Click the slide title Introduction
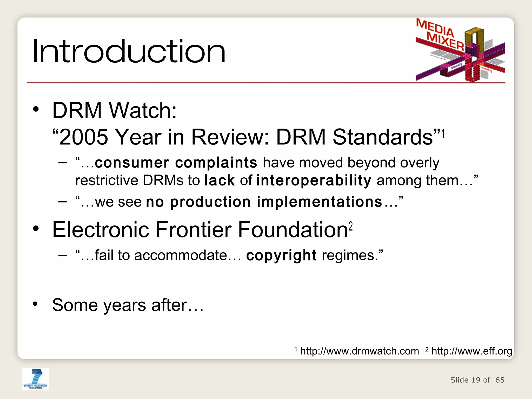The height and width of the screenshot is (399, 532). [129, 51]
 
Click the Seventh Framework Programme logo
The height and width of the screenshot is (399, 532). [35, 379]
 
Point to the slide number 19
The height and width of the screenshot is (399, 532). [476, 380]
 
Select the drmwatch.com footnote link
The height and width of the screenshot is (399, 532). [359, 351]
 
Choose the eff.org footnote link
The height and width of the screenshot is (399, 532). [471, 351]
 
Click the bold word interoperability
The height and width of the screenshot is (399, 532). [314, 181]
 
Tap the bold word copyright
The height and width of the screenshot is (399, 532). [281, 255]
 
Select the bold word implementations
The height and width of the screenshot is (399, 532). [320, 202]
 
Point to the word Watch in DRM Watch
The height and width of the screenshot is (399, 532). [143, 110]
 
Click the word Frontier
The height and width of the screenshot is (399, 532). [194, 230]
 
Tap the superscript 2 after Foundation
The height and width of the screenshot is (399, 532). [351, 226]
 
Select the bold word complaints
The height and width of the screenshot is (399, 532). [216, 163]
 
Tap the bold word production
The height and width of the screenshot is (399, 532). [210, 202]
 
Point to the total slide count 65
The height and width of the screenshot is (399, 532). [500, 380]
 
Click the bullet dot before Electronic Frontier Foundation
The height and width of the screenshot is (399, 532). [36, 229]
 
